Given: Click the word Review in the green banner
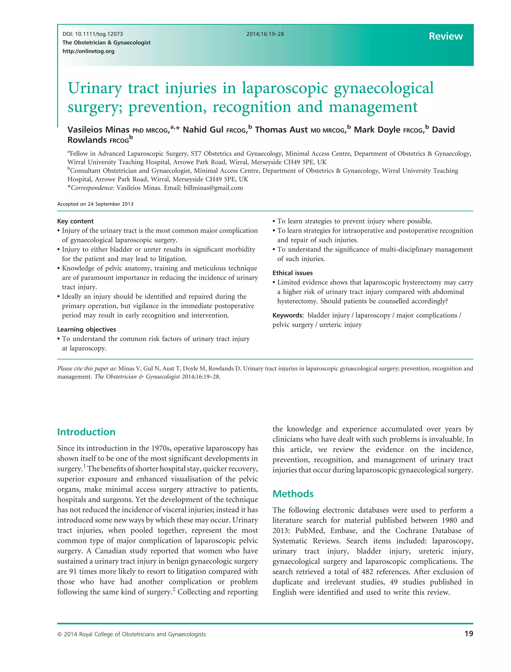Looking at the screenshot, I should (446, 36).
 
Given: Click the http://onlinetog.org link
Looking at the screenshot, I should (89, 51).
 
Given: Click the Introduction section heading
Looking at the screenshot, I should (86, 432).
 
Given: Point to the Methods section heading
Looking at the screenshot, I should (293, 494).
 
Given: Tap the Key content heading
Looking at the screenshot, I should (75, 221).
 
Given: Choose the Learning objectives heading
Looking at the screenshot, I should (86, 329).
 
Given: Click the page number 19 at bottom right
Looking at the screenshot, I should (469, 634).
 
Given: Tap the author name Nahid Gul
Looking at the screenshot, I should (203, 130).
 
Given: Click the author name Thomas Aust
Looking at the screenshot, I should (281, 130).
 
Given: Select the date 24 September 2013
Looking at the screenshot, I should (111, 204).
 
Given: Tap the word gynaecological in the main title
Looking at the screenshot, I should (383, 88).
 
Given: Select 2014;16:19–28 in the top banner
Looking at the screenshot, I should (265, 34).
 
